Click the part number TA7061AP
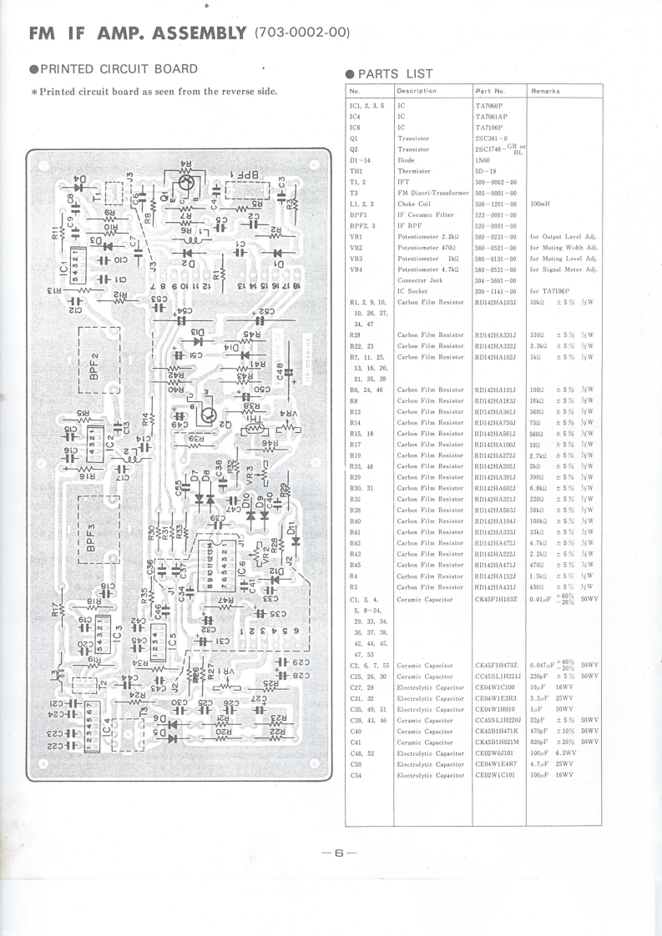493,117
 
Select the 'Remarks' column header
545,90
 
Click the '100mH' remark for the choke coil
544,204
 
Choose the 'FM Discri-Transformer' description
433,193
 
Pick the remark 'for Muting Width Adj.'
563,248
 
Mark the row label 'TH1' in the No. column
356,171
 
